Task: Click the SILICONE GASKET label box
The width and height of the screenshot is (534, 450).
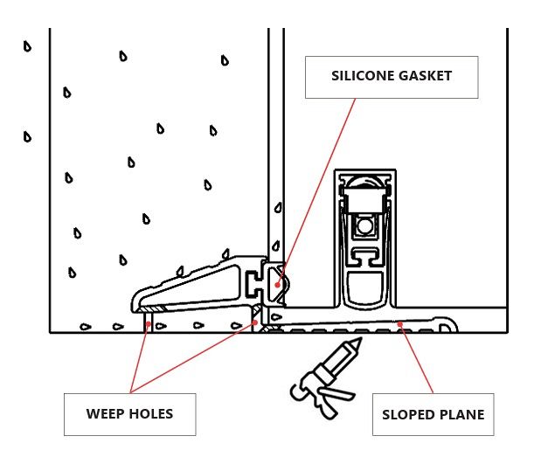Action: (x=392, y=77)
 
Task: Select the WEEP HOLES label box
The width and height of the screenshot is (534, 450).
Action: (x=129, y=414)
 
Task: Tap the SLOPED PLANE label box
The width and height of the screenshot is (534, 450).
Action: (x=433, y=414)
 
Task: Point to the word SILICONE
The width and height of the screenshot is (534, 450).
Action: (x=362, y=76)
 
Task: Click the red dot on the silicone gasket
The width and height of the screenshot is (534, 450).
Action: (x=278, y=282)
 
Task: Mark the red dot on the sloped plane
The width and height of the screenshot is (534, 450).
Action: (x=401, y=325)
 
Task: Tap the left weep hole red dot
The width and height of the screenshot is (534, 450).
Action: (x=149, y=323)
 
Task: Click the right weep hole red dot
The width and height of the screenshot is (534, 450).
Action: (x=255, y=322)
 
